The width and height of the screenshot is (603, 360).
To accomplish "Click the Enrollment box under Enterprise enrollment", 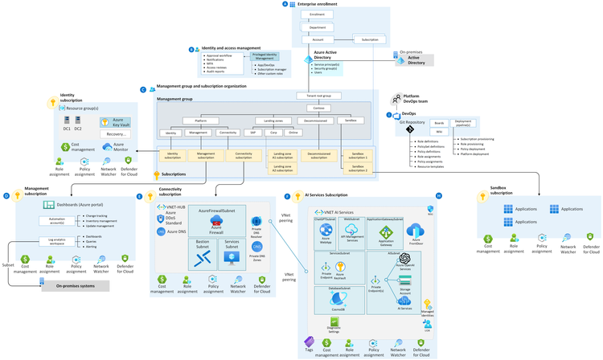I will click(x=317, y=14).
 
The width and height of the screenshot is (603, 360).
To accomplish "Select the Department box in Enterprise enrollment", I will click(x=317, y=27).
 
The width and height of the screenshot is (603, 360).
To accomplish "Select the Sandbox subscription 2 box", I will click(x=359, y=168).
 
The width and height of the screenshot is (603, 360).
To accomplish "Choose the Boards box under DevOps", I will click(x=438, y=123).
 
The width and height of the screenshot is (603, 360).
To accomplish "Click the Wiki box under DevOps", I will click(x=438, y=131).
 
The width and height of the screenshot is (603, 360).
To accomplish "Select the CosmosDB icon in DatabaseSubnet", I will click(x=338, y=300).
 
